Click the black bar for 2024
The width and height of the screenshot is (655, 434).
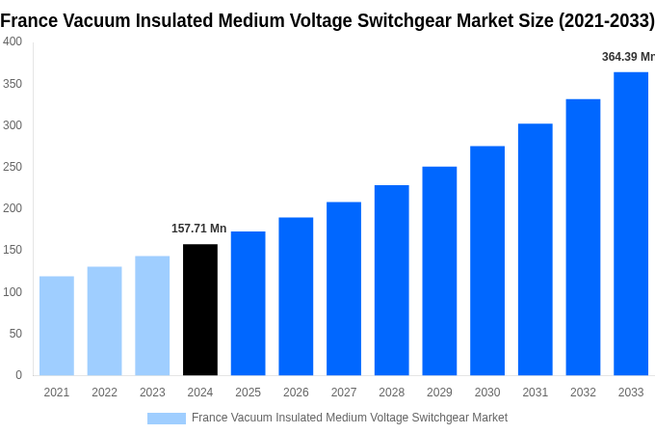tap(200, 310)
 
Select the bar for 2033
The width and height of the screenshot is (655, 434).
tap(631, 224)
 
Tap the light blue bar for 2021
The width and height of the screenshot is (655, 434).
tap(57, 326)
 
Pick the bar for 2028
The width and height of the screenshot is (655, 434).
tap(391, 280)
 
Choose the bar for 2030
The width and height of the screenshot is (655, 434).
tap(487, 260)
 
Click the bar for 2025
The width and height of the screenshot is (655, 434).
tap(248, 303)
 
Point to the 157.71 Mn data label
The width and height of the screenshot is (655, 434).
tap(198, 229)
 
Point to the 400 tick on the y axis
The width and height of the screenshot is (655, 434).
tap(13, 41)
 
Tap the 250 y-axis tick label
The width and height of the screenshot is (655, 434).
tap(13, 167)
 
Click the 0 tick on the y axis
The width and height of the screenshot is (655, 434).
tap(18, 375)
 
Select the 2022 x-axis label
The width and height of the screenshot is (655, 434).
tap(104, 393)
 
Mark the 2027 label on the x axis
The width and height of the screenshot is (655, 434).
tap(344, 393)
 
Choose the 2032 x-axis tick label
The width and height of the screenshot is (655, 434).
tap(583, 393)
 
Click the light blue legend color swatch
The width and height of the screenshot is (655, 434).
tap(166, 418)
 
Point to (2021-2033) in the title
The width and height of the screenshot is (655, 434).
tap(606, 20)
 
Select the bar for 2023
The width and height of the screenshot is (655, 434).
tap(152, 315)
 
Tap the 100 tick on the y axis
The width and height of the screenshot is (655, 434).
tap(13, 292)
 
